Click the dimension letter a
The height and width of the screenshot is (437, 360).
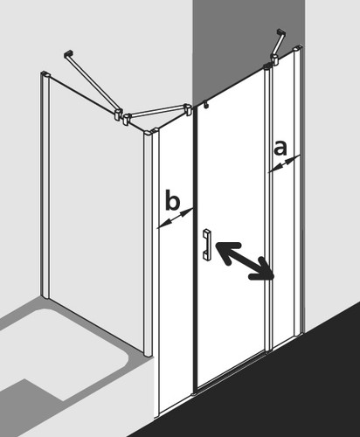coord(280,148)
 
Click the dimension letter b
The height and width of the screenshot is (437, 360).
coord(172,200)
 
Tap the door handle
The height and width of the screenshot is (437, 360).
coord(207,245)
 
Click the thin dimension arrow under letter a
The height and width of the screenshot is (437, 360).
coord(284,163)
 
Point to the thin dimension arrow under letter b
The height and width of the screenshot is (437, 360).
coord(175,218)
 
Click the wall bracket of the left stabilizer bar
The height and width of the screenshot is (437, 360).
coord(68,54)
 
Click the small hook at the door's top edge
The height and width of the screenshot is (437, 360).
coord(206,104)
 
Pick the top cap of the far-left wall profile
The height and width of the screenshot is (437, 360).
coord(45,73)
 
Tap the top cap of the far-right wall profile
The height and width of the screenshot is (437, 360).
coord(299,48)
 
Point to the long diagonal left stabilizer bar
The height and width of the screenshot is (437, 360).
coord(93,84)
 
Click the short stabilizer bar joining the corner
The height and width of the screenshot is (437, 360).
coord(157,112)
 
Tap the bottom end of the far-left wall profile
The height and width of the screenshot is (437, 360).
coord(45,295)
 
